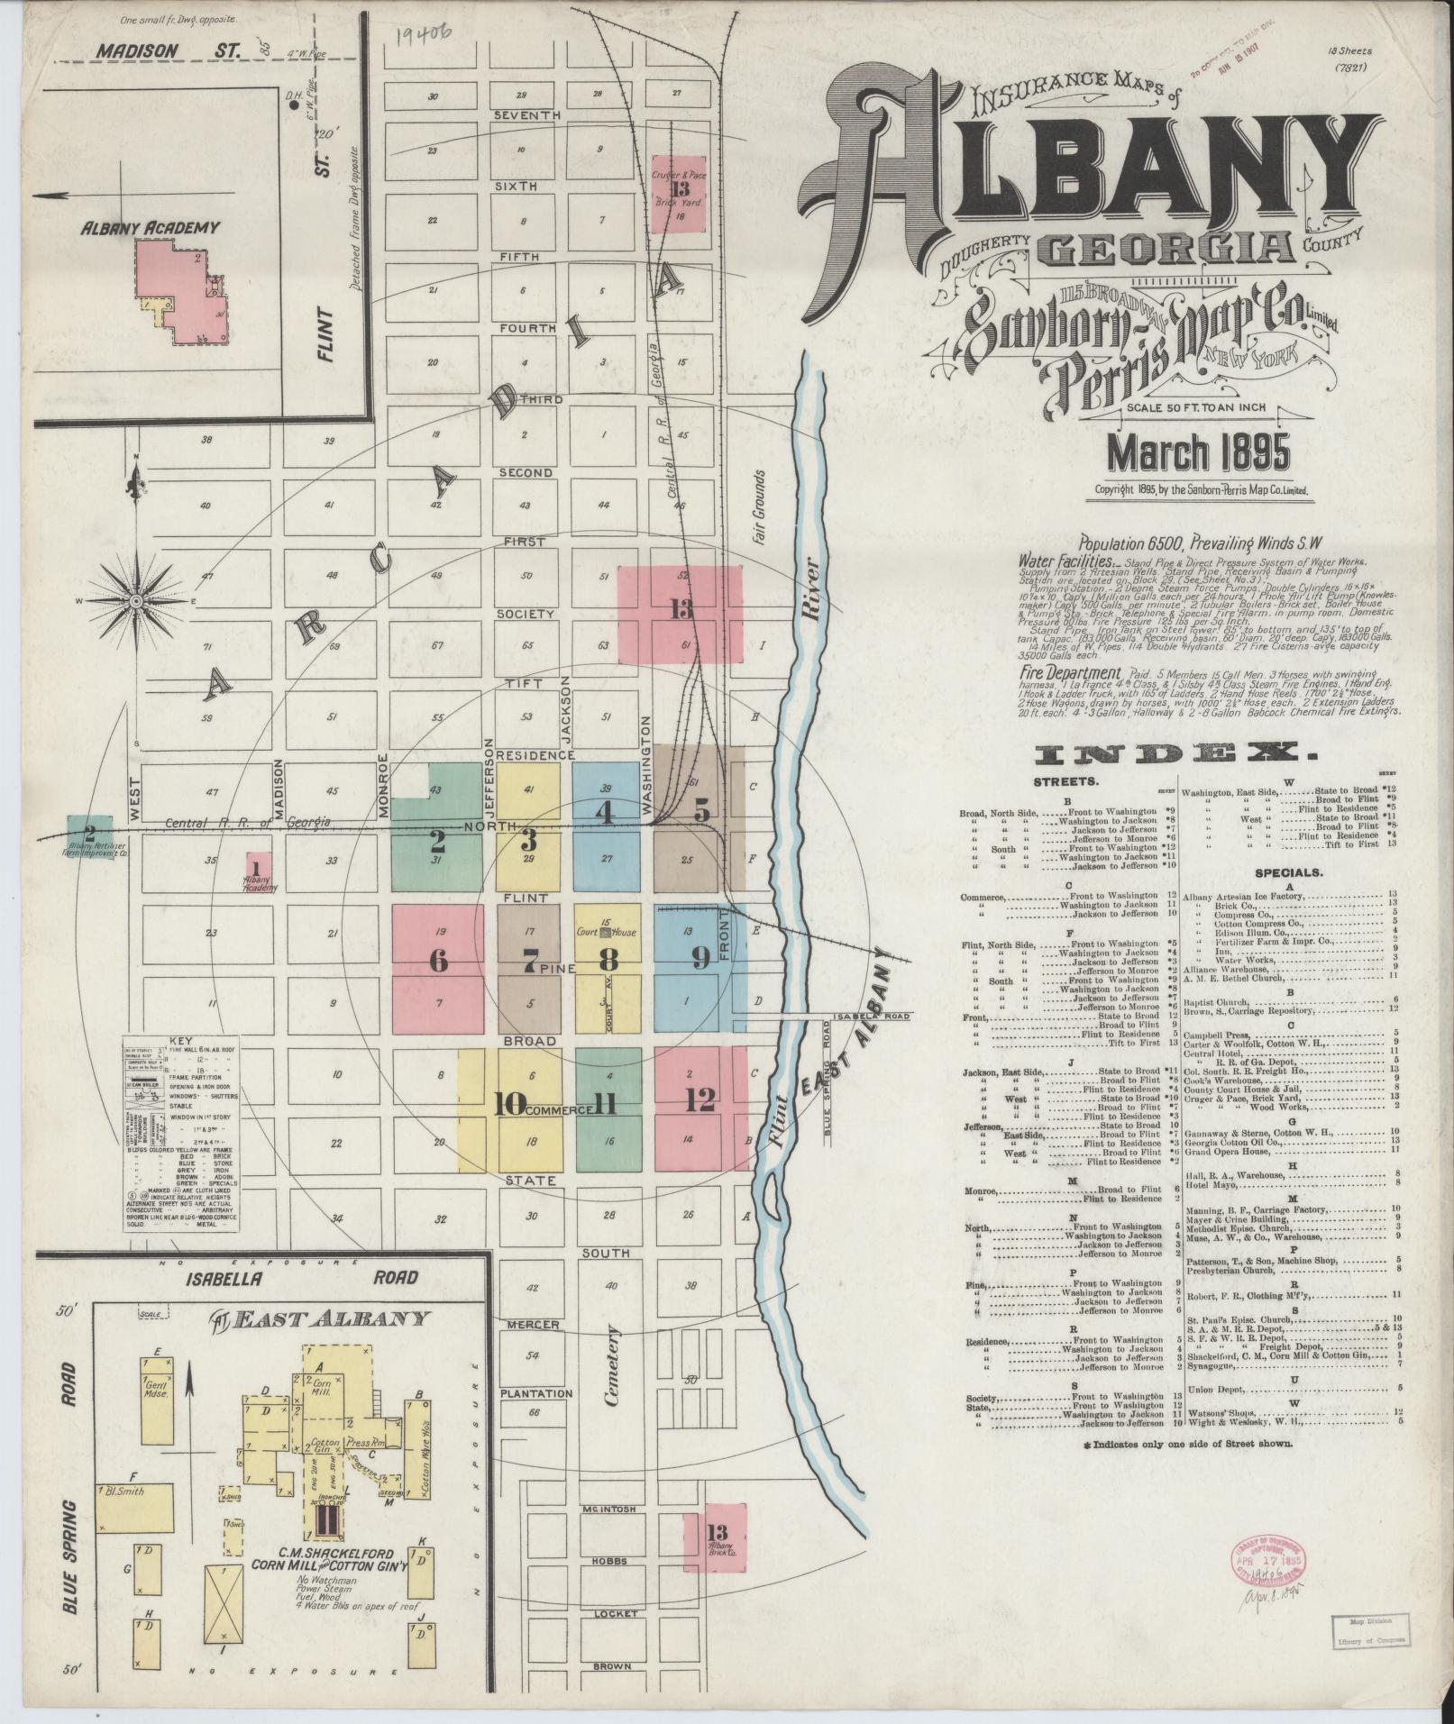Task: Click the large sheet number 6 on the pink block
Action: (438, 961)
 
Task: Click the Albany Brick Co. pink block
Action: (715, 1538)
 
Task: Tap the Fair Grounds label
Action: (759, 505)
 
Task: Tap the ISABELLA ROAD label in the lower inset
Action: (303, 1277)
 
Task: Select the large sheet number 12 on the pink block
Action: (700, 1099)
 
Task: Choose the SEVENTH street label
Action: (527, 116)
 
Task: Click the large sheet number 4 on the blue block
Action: (605, 813)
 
